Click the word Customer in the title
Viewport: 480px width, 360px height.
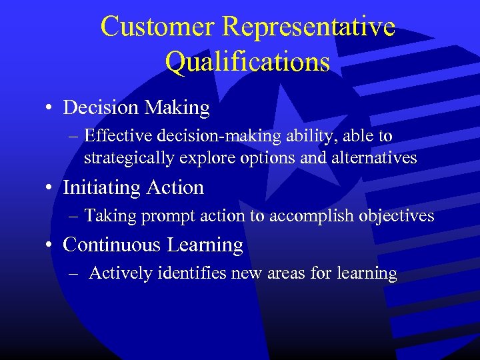click(158, 27)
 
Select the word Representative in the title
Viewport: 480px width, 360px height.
click(309, 27)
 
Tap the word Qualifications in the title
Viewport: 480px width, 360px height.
click(247, 62)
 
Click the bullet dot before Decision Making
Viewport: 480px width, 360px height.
click(51, 108)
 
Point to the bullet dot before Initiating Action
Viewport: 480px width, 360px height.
click(51, 189)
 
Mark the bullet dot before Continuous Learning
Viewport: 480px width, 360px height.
click(51, 245)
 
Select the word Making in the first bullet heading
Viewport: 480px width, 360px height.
click(179, 107)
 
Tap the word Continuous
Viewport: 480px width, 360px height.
click(113, 245)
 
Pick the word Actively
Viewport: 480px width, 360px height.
click(116, 273)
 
